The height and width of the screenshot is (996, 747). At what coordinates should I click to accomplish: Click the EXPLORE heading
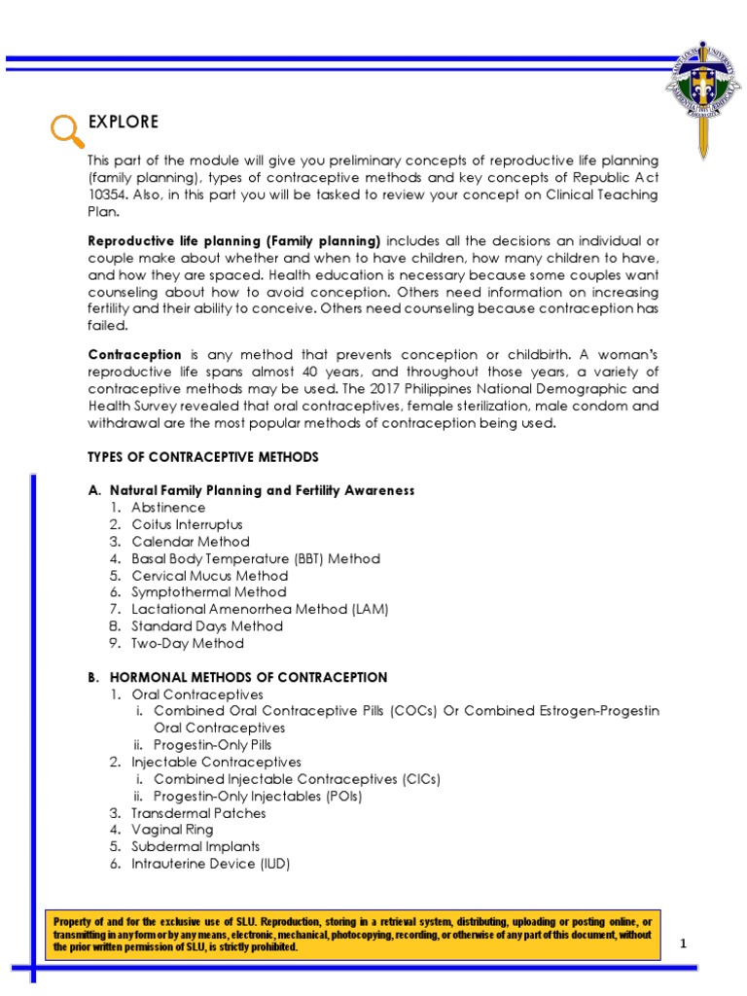pos(123,122)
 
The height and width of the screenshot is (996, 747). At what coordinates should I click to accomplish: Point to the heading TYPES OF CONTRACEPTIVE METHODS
pos(202,457)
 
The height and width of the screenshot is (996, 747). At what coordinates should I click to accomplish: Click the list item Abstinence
pos(168,508)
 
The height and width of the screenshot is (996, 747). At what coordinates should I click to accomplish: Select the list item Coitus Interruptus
pos(187,524)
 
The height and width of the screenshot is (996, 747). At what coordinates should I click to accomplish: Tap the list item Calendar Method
pos(191,542)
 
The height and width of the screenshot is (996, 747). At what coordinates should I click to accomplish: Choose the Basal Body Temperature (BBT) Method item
pos(256,558)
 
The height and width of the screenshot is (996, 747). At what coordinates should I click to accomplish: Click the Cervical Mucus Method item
pos(210,576)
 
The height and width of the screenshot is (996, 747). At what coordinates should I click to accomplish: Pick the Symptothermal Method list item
pos(209,592)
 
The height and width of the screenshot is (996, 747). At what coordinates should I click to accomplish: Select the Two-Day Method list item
pos(188,643)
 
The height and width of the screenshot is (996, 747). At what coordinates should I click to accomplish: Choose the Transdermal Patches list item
pos(198,813)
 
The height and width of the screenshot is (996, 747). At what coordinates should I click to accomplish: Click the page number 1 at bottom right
pos(683,943)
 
